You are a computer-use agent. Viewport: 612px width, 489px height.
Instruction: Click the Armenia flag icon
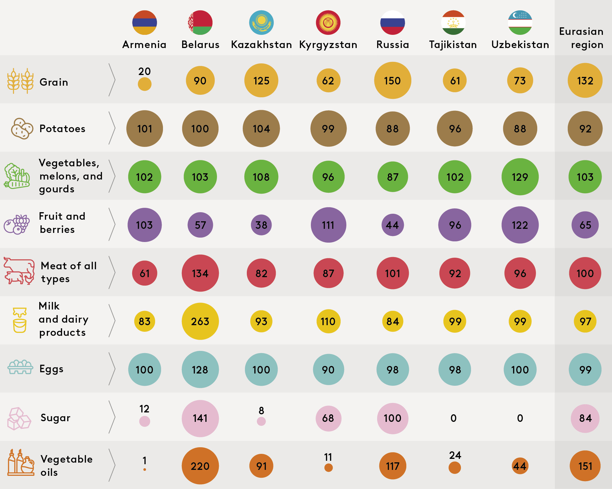point(144,23)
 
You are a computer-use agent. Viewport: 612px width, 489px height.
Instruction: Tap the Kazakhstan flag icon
point(261,23)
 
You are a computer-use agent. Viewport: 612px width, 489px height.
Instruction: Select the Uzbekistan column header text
point(520,45)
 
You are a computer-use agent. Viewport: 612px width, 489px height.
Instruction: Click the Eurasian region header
point(581,38)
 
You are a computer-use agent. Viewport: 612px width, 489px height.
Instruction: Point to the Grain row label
point(54,82)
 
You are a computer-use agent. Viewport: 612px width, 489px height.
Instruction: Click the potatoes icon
point(22,128)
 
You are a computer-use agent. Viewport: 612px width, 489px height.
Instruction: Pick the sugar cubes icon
point(19,419)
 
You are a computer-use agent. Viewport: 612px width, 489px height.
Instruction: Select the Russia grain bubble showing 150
point(393,80)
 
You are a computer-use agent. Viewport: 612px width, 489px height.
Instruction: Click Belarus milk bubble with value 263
point(200,321)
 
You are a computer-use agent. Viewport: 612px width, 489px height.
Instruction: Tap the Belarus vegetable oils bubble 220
point(200,466)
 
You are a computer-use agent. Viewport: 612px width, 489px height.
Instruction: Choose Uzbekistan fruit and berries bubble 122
point(520,225)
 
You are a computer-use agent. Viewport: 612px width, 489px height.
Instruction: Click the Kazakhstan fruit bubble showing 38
point(261,225)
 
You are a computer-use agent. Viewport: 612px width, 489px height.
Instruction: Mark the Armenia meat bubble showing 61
point(144,273)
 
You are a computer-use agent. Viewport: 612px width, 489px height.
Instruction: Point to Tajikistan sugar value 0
point(453,418)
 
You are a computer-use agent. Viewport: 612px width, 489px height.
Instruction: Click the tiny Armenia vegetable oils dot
point(144,470)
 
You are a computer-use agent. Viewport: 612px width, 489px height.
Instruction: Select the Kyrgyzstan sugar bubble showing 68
point(328,418)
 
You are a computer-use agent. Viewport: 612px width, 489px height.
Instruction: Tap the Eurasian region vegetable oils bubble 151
point(585,466)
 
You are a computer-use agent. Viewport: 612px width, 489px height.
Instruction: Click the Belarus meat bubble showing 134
point(200,273)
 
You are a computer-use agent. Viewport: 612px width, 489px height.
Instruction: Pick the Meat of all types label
point(69,272)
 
